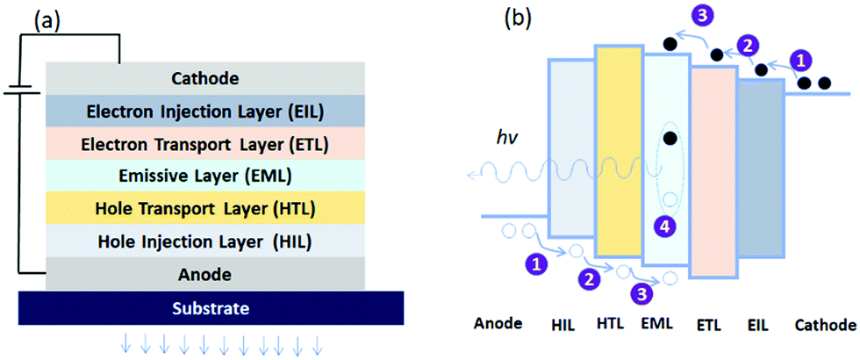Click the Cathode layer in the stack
tap(205, 78)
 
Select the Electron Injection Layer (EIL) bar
tap(205, 111)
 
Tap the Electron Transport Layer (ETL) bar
tap(205, 143)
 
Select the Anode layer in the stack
tap(205, 274)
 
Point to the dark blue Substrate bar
tap(211, 308)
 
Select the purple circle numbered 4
tap(666, 226)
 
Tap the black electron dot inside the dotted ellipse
tap(670, 138)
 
